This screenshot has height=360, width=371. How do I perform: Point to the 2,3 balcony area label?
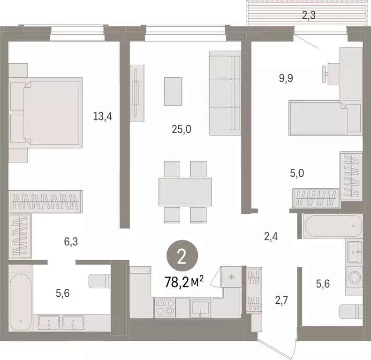point(308,15)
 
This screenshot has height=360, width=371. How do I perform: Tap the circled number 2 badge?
point(182,256)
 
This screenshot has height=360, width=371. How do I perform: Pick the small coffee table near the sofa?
point(173,91)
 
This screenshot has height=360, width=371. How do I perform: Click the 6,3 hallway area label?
point(71,242)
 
